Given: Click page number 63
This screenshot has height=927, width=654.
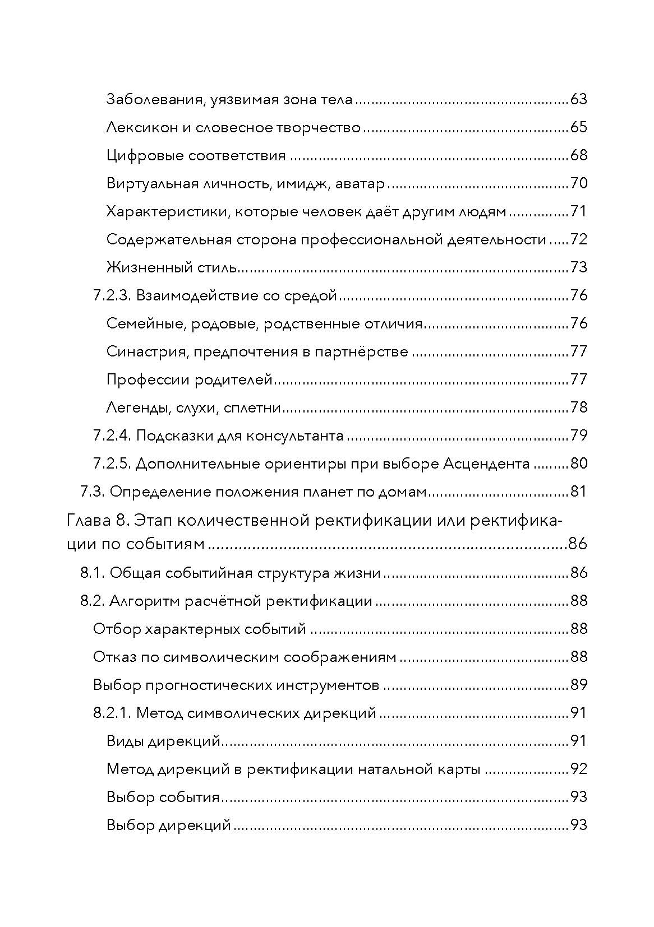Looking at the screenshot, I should click(x=578, y=99).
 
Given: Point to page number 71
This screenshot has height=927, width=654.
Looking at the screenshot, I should click(x=578, y=211).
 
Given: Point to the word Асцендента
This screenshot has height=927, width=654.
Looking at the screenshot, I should click(x=486, y=463).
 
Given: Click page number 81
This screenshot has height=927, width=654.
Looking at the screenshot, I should click(x=578, y=492).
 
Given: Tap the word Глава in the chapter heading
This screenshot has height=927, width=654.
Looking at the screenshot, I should click(x=88, y=521).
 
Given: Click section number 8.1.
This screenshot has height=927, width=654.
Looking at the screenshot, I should click(x=93, y=573).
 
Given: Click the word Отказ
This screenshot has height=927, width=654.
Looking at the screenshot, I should click(x=114, y=657).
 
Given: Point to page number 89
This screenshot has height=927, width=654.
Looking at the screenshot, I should click(x=578, y=685).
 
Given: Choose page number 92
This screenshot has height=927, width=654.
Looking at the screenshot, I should click(x=578, y=769).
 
